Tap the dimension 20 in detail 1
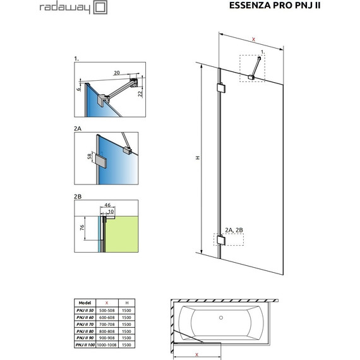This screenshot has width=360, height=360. tap(117, 72)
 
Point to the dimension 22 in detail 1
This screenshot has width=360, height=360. tap(141, 93)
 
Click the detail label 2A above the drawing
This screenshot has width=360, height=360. tap(78, 128)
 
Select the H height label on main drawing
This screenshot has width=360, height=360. tap(197, 159)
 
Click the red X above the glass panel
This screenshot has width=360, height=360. tap(253, 39)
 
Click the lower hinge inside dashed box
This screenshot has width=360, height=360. tap(220, 241)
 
